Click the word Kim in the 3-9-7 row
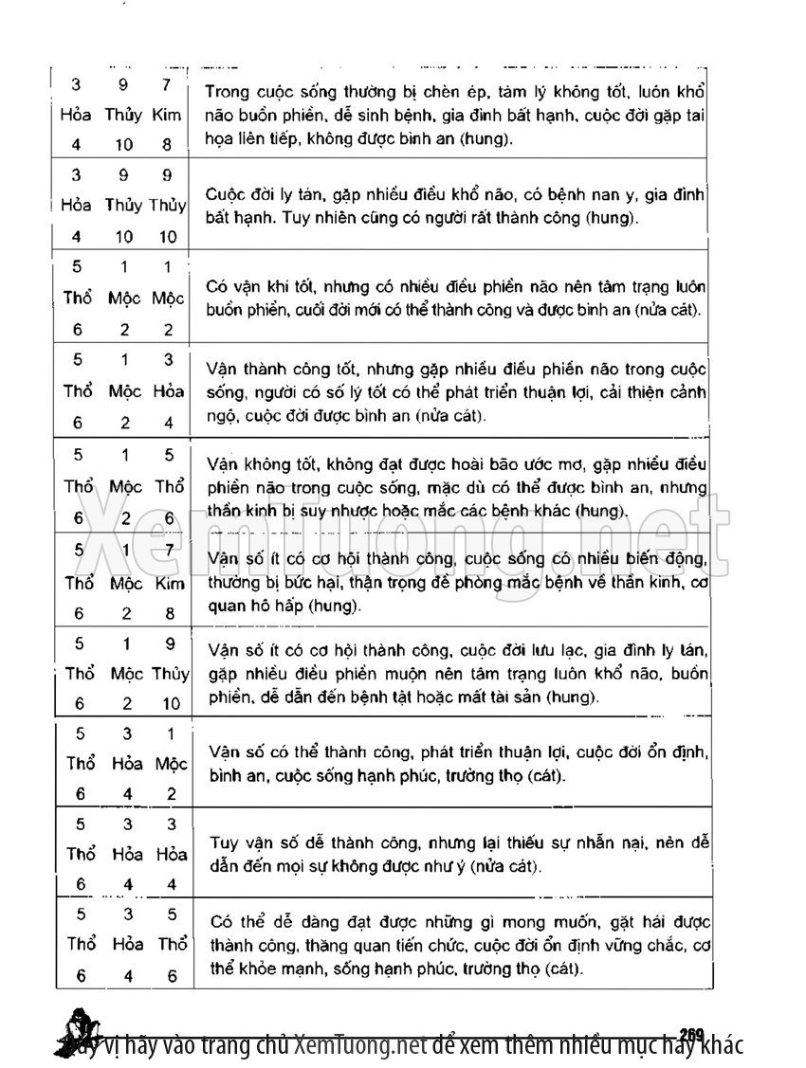coord(167,116)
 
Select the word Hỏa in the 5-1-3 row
coord(170,390)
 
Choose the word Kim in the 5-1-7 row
coord(170,584)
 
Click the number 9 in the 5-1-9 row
coord(170,643)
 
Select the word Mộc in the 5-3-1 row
coord(171,764)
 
